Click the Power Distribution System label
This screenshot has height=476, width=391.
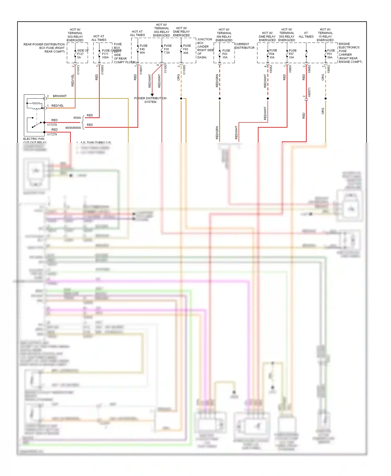pos(150,100)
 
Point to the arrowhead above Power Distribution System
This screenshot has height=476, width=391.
pos(152,95)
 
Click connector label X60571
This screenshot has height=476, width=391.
pos(309,92)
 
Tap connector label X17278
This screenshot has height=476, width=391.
pos(52,125)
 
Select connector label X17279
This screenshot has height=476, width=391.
pos(52,134)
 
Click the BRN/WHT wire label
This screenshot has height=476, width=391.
pos(60,96)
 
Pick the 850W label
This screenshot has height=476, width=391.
pos(77,118)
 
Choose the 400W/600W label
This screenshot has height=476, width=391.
pos(73,128)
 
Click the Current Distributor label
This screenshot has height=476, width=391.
pos(244,46)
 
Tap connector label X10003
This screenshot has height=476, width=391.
pos(102,70)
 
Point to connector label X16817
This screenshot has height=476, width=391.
pos(141,70)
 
